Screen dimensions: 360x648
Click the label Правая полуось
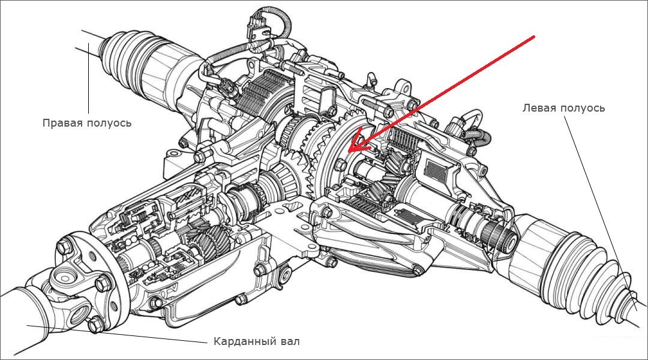tap(86, 123)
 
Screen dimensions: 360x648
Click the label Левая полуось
tap(563, 108)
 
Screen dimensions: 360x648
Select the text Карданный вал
tap(256, 341)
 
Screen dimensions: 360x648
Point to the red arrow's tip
tap(350, 150)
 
